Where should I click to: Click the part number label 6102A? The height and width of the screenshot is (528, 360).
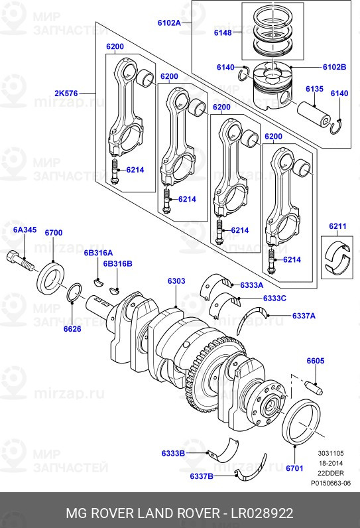click(x=169, y=23)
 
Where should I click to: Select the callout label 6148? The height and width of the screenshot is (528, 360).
click(x=223, y=33)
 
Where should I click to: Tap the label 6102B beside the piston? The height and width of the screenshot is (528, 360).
click(x=335, y=67)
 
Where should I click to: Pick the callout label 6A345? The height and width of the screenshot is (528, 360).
click(x=25, y=230)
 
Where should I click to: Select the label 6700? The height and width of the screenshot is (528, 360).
click(x=54, y=233)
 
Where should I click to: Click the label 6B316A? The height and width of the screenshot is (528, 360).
click(x=98, y=253)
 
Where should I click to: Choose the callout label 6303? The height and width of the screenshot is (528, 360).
click(x=176, y=281)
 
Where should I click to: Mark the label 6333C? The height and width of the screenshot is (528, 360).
click(x=274, y=298)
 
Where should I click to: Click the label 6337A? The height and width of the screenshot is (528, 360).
click(x=304, y=316)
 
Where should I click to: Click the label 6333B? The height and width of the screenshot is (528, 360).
click(x=173, y=453)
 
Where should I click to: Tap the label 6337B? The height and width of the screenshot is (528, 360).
click(x=202, y=476)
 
